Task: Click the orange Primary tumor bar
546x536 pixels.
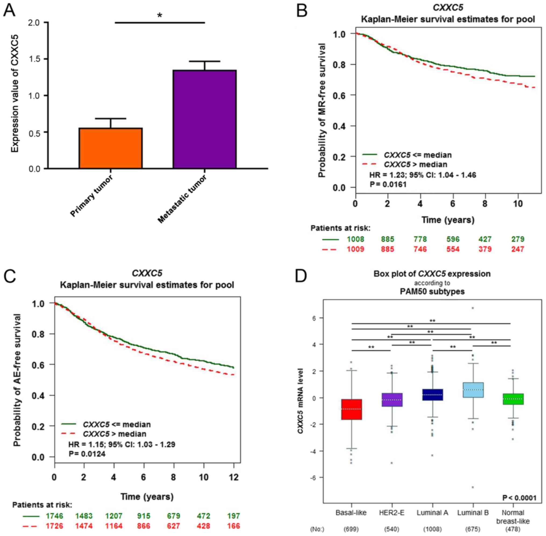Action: (110, 148)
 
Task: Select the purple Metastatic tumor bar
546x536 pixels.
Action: (205, 119)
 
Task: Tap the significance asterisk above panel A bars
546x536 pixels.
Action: (159, 15)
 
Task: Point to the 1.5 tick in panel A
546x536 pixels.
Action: (34, 59)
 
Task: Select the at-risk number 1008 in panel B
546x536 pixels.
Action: (355, 239)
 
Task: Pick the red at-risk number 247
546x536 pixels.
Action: (518, 249)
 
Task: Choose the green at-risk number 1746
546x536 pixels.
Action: (55, 516)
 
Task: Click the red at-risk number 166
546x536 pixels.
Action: (233, 526)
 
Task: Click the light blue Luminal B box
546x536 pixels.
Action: (473, 390)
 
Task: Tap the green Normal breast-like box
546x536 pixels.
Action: (513, 399)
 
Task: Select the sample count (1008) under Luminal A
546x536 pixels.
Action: (432, 529)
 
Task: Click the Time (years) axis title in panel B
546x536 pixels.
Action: (448, 220)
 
